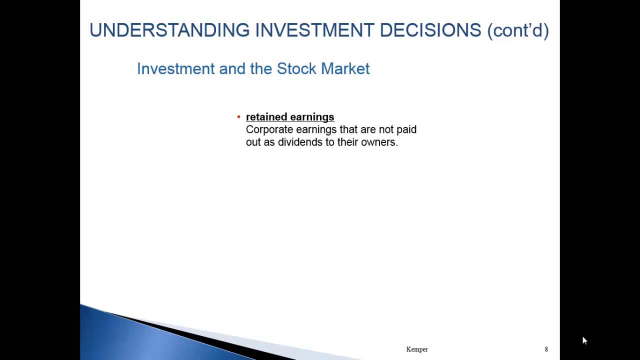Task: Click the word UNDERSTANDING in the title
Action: [x=169, y=30]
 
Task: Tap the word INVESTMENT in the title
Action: [x=314, y=30]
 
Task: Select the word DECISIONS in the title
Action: [x=430, y=30]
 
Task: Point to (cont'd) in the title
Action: [x=518, y=30]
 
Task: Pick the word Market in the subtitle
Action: [x=345, y=68]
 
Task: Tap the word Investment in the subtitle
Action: [x=175, y=69]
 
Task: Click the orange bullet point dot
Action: [x=239, y=117]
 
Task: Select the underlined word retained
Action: [x=266, y=117]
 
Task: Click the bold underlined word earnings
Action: [x=312, y=117]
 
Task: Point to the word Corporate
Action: [x=269, y=130]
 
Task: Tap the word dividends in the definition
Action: [x=300, y=142]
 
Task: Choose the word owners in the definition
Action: [x=379, y=142]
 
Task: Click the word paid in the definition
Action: [x=406, y=130]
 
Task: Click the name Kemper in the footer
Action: [x=417, y=349]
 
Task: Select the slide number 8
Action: [x=546, y=349]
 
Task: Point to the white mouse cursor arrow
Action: [x=585, y=340]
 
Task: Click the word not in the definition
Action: [x=386, y=129]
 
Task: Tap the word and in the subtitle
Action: [x=232, y=69]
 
